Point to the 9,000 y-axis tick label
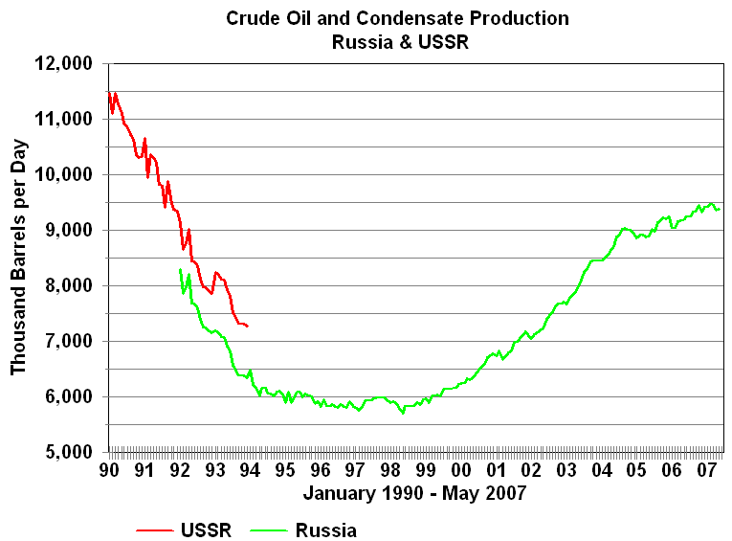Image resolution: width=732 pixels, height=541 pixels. coord(68,231)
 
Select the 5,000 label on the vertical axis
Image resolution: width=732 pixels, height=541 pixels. coord(68,453)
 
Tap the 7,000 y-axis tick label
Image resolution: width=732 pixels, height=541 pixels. coord(68,342)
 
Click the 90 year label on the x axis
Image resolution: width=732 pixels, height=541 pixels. coord(109,470)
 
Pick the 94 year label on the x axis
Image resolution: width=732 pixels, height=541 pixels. coord(250,470)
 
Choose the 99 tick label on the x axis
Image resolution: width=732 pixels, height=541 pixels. coord(426,470)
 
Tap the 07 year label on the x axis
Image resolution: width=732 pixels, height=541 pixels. coord(707,470)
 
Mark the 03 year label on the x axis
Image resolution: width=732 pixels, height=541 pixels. coord(566,470)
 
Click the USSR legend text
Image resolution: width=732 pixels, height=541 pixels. coord(205,530)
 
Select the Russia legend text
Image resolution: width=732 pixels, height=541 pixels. coord(325,530)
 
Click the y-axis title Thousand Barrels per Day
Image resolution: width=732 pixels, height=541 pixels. coord(19,258)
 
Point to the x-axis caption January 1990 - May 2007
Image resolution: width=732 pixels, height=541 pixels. coord(414,494)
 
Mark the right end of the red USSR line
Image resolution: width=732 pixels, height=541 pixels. coord(248,327)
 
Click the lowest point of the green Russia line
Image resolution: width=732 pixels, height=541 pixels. coord(403,413)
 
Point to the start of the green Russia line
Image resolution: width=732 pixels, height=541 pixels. coord(180,270)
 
